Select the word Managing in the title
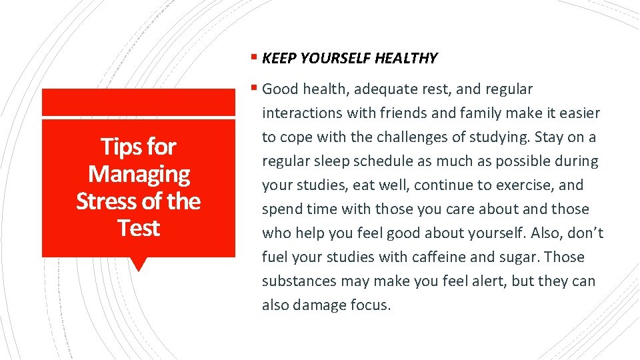point(139,174)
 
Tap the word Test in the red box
point(139,228)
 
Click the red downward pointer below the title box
point(139,264)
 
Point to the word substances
point(299,281)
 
